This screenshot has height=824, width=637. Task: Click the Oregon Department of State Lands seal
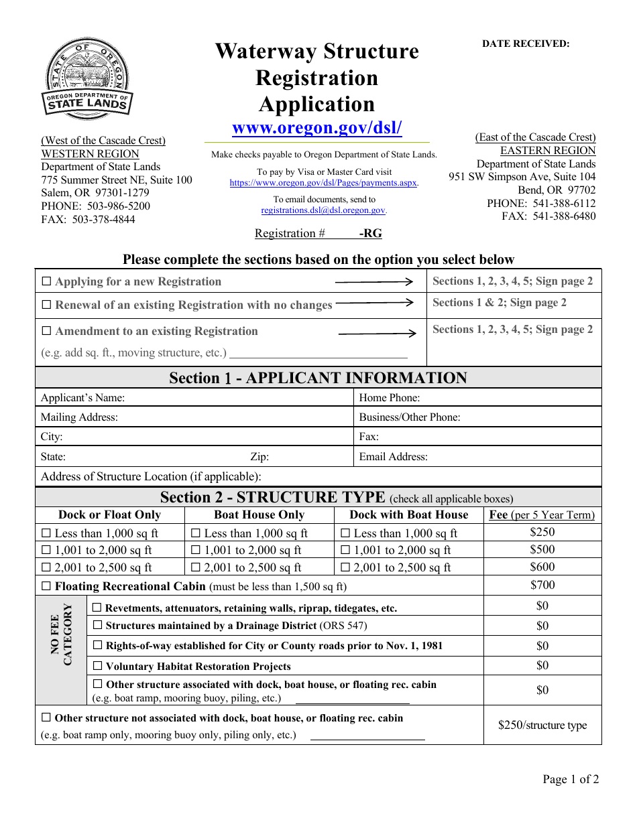(88, 79)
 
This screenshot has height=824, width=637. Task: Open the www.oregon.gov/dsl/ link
(316, 127)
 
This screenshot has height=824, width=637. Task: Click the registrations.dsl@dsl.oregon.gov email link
(323, 210)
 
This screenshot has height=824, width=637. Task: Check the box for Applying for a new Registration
(46, 282)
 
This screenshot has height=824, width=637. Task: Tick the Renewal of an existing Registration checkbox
(46, 305)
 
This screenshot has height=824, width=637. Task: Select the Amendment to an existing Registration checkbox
(46, 331)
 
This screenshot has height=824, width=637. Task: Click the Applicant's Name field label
(82, 398)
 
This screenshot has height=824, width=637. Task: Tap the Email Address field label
(393, 457)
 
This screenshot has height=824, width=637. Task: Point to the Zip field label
(259, 457)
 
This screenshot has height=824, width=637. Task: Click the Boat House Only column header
(259, 515)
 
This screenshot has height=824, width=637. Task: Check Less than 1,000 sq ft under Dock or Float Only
(46, 534)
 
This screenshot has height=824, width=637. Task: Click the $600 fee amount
(542, 567)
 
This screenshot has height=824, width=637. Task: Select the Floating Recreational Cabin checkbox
(46, 586)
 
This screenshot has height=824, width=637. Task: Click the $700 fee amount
(542, 585)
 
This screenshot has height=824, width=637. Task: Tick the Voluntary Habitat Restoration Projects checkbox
(97, 667)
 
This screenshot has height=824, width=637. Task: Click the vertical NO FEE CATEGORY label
(61, 634)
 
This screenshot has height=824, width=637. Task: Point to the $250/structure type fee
(542, 725)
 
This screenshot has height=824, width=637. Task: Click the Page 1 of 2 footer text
(571, 779)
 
